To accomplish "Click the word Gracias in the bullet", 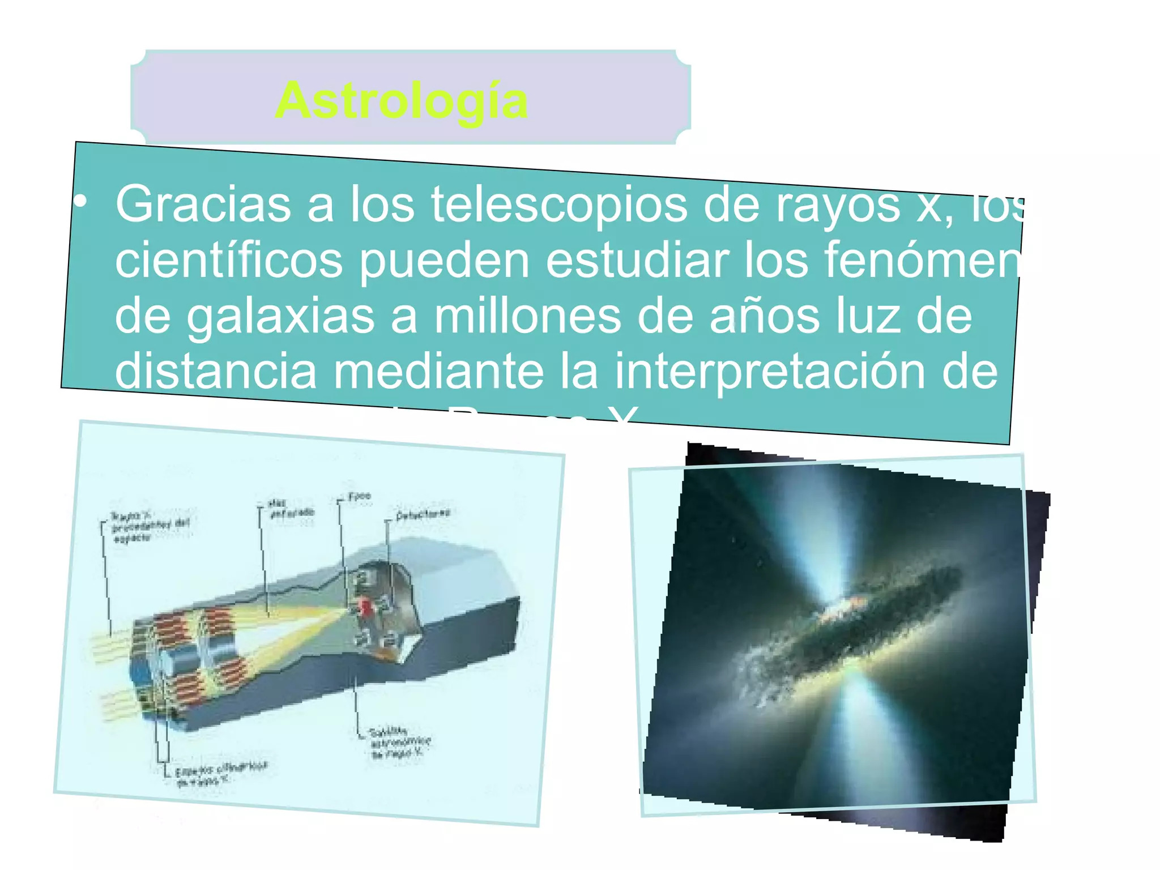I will (x=203, y=204).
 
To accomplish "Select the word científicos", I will (x=229, y=259).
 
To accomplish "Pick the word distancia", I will (x=216, y=370).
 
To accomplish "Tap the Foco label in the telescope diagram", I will (x=359, y=497).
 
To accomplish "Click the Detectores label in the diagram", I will (x=423, y=514).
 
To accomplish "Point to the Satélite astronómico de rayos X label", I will (x=399, y=742).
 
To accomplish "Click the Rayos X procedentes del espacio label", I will (x=149, y=527).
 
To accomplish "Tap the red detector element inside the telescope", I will (x=366, y=608).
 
